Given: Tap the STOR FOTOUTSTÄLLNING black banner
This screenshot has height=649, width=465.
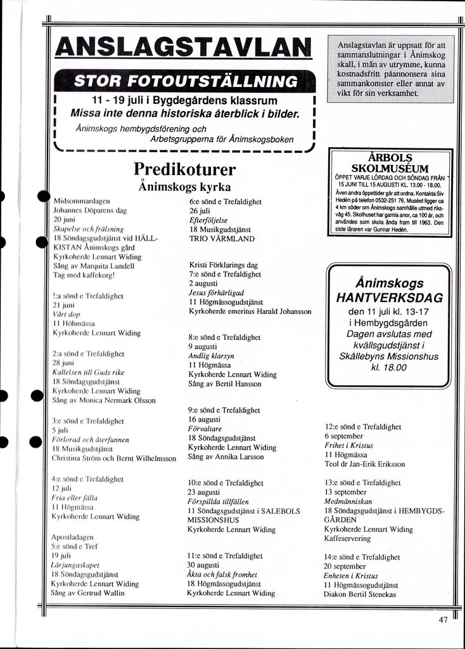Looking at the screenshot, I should point(186,81).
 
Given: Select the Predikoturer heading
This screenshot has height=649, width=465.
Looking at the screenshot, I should point(185,169).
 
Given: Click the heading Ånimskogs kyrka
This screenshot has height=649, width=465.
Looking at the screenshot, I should point(184,188).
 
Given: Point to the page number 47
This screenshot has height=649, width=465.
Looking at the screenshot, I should point(443,620).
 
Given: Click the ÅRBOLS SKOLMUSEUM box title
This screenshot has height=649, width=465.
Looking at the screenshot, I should point(390,163).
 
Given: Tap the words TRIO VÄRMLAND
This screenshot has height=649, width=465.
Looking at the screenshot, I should point(222,239).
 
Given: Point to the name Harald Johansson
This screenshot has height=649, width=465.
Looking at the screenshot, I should point(283,311).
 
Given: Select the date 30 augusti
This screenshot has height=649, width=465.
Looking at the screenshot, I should point(207,565).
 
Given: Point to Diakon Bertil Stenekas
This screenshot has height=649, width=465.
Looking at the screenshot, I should point(360,595).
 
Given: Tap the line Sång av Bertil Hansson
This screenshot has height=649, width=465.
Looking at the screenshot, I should point(224,384).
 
